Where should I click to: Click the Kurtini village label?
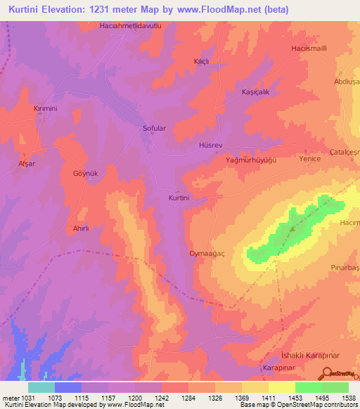pos(179,198)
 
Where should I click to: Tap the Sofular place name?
pos(155,129)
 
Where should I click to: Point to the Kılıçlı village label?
pos(202,62)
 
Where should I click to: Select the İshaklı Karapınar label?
pos(306,356)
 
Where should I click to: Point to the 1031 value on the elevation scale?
pos(27,398)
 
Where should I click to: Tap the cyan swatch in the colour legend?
pos(41,387)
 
